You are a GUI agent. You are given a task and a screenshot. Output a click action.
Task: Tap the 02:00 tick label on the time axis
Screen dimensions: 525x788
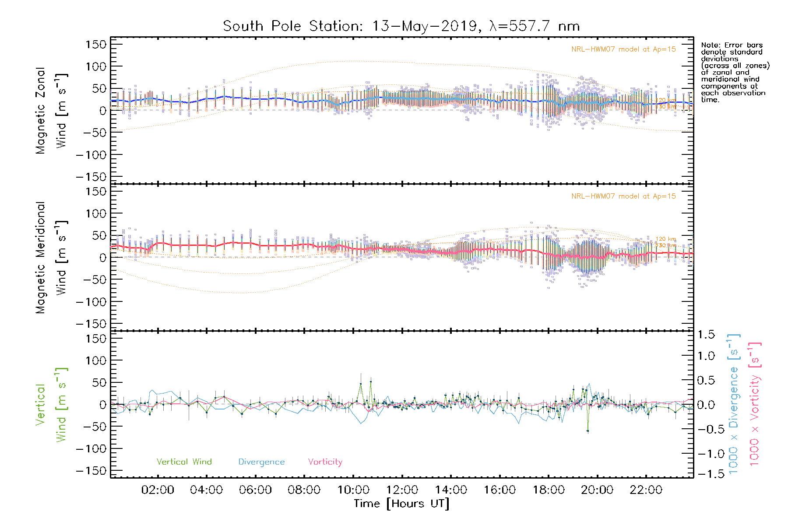click(x=158, y=490)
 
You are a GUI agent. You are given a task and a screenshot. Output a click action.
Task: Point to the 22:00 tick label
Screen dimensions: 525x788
click(x=646, y=490)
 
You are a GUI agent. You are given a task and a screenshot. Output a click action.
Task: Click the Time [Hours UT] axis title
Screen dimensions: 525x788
click(x=401, y=504)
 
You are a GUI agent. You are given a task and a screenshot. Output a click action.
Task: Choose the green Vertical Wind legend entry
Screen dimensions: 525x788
click(x=184, y=462)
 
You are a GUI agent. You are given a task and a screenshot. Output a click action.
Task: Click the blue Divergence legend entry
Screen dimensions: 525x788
click(x=261, y=462)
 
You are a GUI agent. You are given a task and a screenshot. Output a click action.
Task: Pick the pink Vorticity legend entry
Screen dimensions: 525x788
click(x=325, y=462)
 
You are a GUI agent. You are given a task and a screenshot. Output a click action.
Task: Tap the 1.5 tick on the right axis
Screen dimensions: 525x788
click(x=706, y=335)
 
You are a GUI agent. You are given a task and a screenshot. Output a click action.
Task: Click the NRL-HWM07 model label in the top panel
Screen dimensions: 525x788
click(x=623, y=49)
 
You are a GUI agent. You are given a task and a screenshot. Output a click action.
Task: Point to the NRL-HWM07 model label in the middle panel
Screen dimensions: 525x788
click(x=623, y=196)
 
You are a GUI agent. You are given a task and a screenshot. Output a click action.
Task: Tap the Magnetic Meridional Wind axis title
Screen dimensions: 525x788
click(x=51, y=258)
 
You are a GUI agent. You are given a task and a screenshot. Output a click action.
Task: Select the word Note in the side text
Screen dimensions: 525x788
click(x=710, y=45)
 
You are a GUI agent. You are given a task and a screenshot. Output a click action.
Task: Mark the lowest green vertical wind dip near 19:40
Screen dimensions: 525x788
click(x=587, y=431)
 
